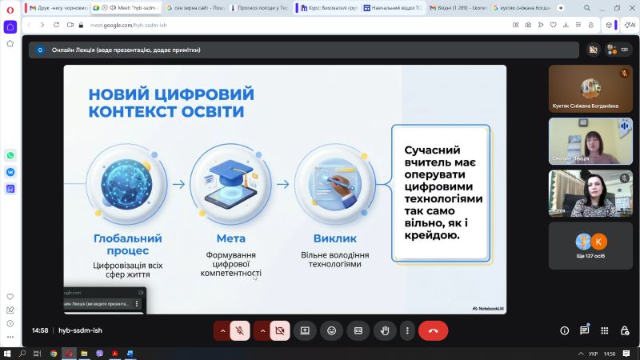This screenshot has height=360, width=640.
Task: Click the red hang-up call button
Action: point(433,330)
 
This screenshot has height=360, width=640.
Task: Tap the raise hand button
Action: point(385,330)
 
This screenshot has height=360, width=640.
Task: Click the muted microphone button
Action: point(239,330)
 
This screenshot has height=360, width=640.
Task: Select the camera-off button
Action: point(279,330)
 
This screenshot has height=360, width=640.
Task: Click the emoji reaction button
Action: point(331,330)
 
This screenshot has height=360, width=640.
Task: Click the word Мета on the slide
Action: point(231,238)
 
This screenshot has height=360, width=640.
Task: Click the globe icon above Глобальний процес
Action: point(126,183)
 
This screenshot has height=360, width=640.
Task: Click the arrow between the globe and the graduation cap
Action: point(179,184)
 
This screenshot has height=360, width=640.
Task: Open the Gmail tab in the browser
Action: point(57,7)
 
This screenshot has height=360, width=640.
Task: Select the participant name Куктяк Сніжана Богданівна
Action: point(585,105)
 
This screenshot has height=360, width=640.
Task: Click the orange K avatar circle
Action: point(599,241)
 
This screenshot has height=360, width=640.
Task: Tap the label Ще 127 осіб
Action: point(590,257)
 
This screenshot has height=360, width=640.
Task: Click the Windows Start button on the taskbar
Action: point(6,353)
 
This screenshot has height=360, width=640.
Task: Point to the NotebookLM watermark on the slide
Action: point(487,308)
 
